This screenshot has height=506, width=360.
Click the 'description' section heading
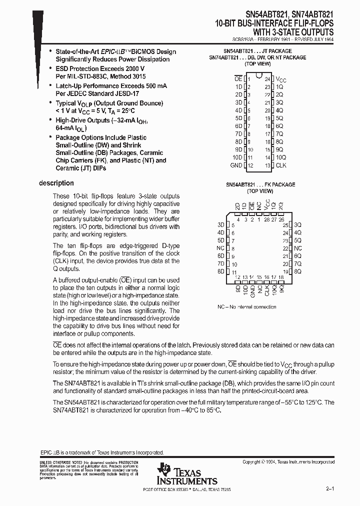point(56,183)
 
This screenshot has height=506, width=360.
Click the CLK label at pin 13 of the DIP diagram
point(281,165)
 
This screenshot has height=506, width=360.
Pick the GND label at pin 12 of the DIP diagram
point(236,165)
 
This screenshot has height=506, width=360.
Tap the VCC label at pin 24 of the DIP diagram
point(282,79)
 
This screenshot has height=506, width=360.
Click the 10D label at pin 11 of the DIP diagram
point(237,157)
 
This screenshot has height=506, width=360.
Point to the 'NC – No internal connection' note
point(247,306)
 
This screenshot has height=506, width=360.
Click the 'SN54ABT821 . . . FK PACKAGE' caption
point(259,184)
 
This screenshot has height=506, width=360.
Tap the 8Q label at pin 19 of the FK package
point(298,271)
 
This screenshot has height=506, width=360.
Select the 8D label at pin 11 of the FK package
point(220,271)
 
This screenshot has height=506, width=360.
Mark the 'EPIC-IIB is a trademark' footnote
point(101,452)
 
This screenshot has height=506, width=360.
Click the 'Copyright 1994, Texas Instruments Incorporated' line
point(288,462)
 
